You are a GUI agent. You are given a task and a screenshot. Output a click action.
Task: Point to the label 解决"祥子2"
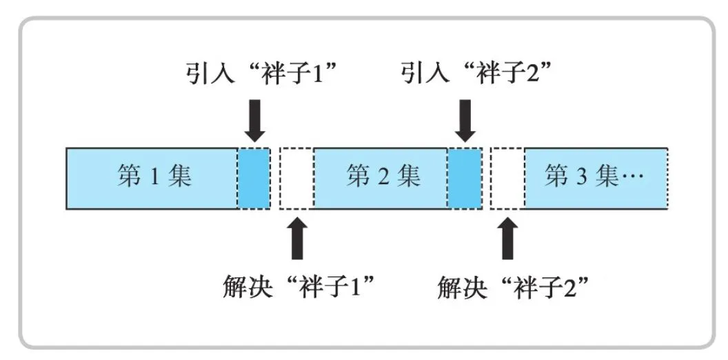[517, 284]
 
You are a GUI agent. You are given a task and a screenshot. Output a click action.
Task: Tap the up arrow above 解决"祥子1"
[297, 238]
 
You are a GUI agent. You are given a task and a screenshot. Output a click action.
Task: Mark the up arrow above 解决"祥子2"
[507, 238]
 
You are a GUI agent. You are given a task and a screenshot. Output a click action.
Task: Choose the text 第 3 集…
[594, 177]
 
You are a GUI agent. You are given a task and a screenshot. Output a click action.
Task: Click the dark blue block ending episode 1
[254, 178]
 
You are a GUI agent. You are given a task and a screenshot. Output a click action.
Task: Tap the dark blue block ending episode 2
[465, 178]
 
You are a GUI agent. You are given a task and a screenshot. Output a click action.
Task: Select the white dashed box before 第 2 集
[297, 178]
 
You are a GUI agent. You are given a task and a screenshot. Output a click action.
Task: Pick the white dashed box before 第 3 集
[507, 178]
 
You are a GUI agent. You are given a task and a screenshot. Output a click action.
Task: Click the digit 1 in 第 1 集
[154, 178]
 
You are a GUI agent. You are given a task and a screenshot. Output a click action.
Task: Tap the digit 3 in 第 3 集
[580, 178]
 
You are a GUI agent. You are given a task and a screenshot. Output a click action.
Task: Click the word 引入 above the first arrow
[207, 72]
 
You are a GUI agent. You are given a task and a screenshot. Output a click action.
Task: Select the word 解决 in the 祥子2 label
[459, 284]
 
